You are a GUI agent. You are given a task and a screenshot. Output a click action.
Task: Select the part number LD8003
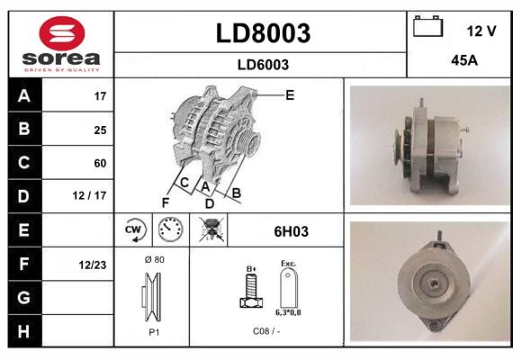click(x=262, y=33)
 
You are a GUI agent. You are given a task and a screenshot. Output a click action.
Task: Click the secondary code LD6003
click(x=262, y=64)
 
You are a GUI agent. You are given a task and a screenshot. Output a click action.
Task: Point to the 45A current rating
click(x=463, y=62)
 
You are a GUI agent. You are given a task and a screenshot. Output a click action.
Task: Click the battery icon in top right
click(x=428, y=29)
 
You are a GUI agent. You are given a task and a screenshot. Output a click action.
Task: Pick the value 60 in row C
click(x=100, y=163)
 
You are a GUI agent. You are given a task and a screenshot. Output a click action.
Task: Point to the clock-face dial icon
click(x=170, y=230)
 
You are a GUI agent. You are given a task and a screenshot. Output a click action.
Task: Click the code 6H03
click(x=291, y=231)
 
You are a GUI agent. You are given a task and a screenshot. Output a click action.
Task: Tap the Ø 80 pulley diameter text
click(x=154, y=259)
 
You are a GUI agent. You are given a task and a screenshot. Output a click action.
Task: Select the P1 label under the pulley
click(x=153, y=330)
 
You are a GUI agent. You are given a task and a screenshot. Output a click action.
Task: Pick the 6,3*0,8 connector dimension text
click(x=287, y=312)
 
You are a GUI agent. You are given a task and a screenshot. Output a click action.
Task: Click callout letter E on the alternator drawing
click(x=290, y=94)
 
